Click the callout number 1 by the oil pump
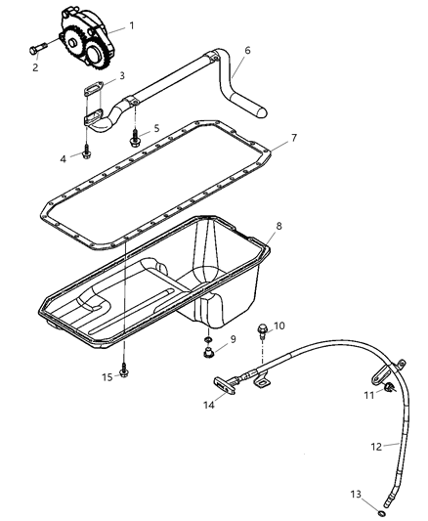pyautogui.click(x=132, y=23)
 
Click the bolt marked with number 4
pyautogui.click(x=88, y=152)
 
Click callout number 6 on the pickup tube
pyautogui.click(x=247, y=49)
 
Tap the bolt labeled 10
pyautogui.click(x=261, y=332)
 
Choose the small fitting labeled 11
pyautogui.click(x=389, y=390)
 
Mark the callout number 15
pyautogui.click(x=107, y=377)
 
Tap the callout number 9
pyautogui.click(x=232, y=339)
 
